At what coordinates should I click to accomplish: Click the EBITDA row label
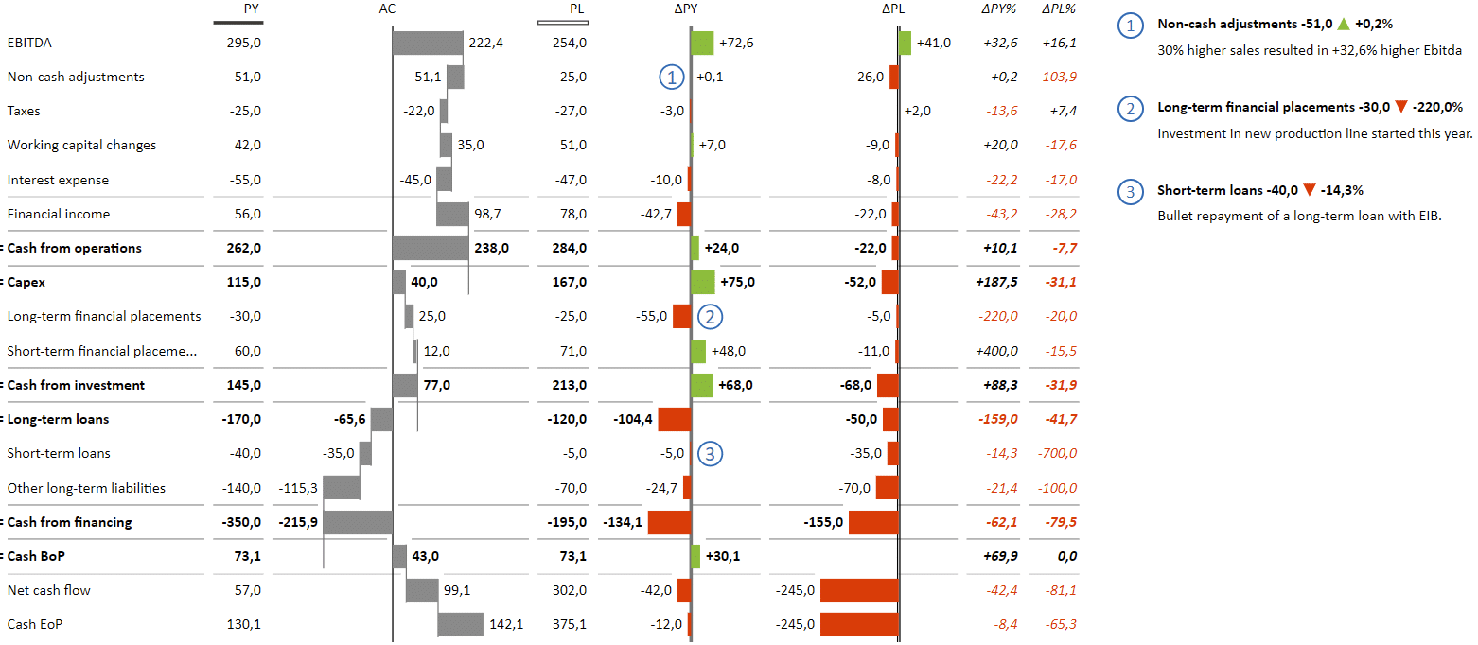tap(30, 43)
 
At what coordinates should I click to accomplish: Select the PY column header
tap(251, 9)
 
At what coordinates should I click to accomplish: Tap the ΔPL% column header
tap(1059, 9)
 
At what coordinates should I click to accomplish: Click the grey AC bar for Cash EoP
tap(460, 624)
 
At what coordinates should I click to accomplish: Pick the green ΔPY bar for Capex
tap(703, 282)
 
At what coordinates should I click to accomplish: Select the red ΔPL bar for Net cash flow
tap(858, 590)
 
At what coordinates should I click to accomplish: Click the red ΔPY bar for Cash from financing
tap(669, 522)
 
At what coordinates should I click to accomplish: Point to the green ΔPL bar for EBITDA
tap(906, 43)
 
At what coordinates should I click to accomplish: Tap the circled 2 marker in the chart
tap(711, 317)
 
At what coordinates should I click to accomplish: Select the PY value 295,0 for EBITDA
tap(244, 43)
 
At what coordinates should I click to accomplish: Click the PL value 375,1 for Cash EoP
tap(569, 624)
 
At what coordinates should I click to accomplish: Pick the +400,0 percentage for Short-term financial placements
tap(996, 351)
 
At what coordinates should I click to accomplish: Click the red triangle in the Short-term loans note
tap(1309, 190)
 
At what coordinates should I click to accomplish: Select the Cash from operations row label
tap(74, 248)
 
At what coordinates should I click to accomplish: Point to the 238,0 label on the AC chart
tap(492, 248)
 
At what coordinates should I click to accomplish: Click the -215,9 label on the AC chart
tap(298, 522)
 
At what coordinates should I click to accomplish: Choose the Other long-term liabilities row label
tap(86, 488)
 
